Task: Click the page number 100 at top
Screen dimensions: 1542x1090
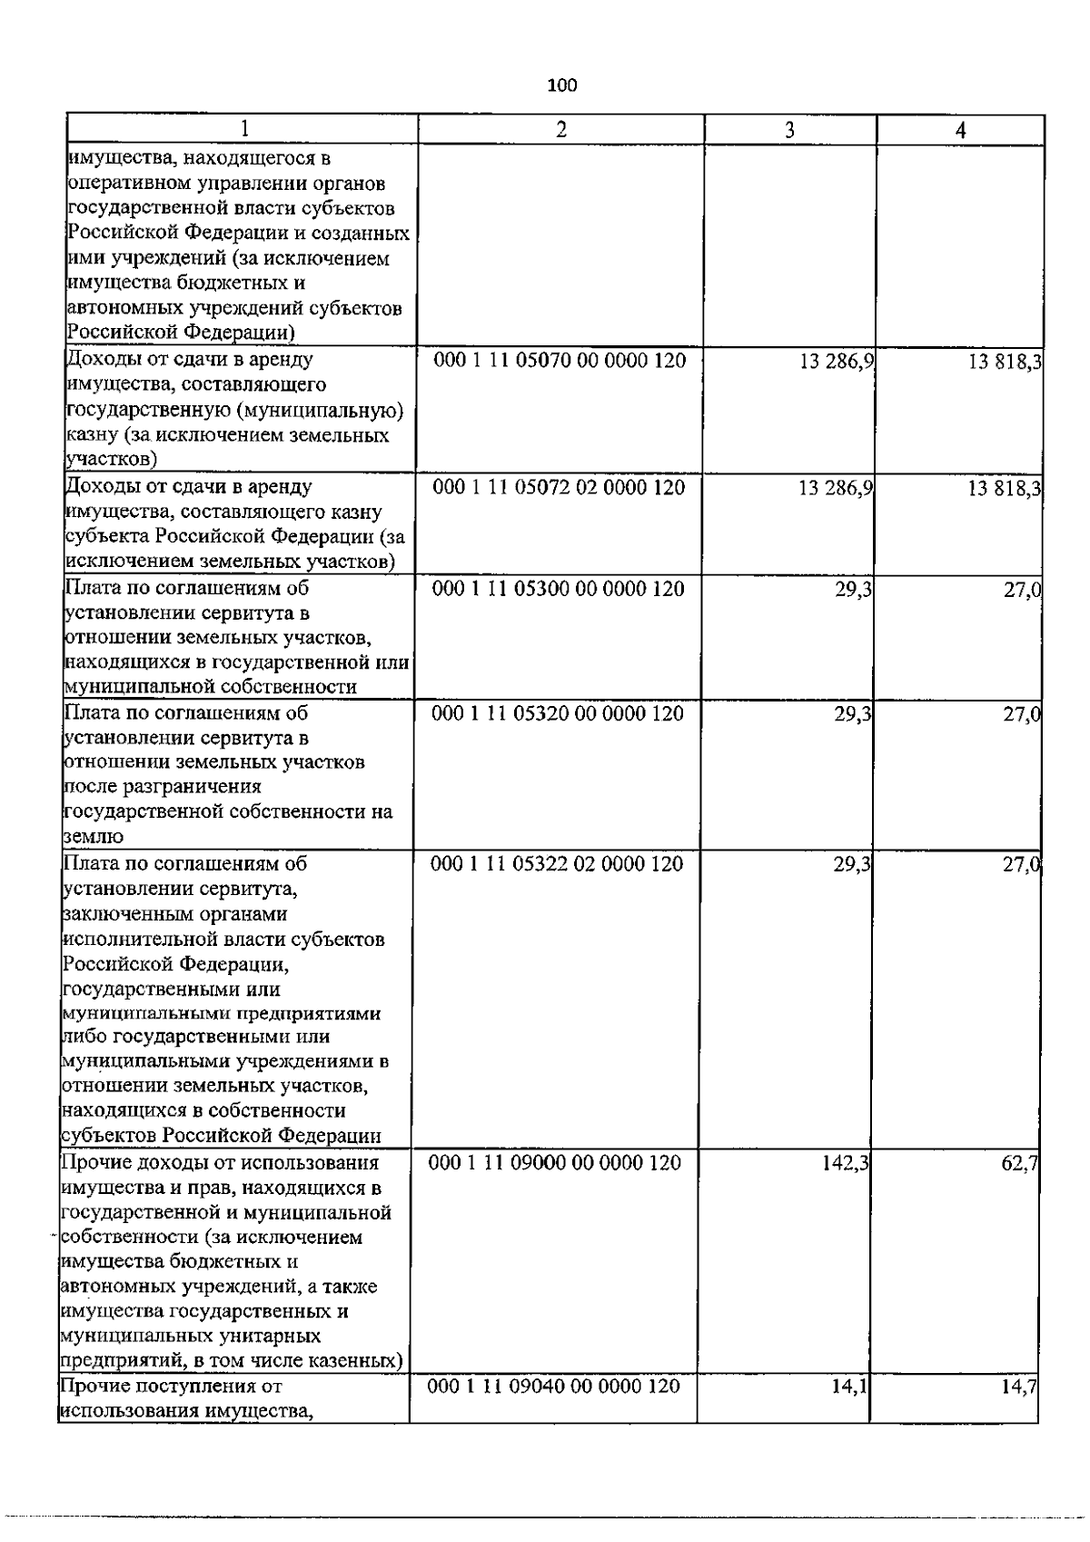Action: tap(562, 85)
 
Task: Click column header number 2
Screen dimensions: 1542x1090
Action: tap(561, 130)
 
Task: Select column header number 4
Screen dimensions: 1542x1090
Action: tap(960, 130)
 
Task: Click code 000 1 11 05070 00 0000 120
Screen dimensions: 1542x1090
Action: tap(560, 361)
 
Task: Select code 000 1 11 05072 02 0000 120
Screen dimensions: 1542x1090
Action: tap(559, 488)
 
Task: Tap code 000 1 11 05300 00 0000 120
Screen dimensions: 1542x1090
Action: tap(559, 589)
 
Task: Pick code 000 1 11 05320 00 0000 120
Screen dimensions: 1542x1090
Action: tap(558, 714)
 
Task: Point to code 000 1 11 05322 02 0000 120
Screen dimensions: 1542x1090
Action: tap(557, 863)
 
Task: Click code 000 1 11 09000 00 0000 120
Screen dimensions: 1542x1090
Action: tap(555, 1162)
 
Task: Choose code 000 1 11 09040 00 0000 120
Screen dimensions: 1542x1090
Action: tap(553, 1387)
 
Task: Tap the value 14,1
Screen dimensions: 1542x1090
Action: tap(850, 1387)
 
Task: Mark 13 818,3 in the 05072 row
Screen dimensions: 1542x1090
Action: tap(1005, 489)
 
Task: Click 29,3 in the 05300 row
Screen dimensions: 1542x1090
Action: tap(854, 589)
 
